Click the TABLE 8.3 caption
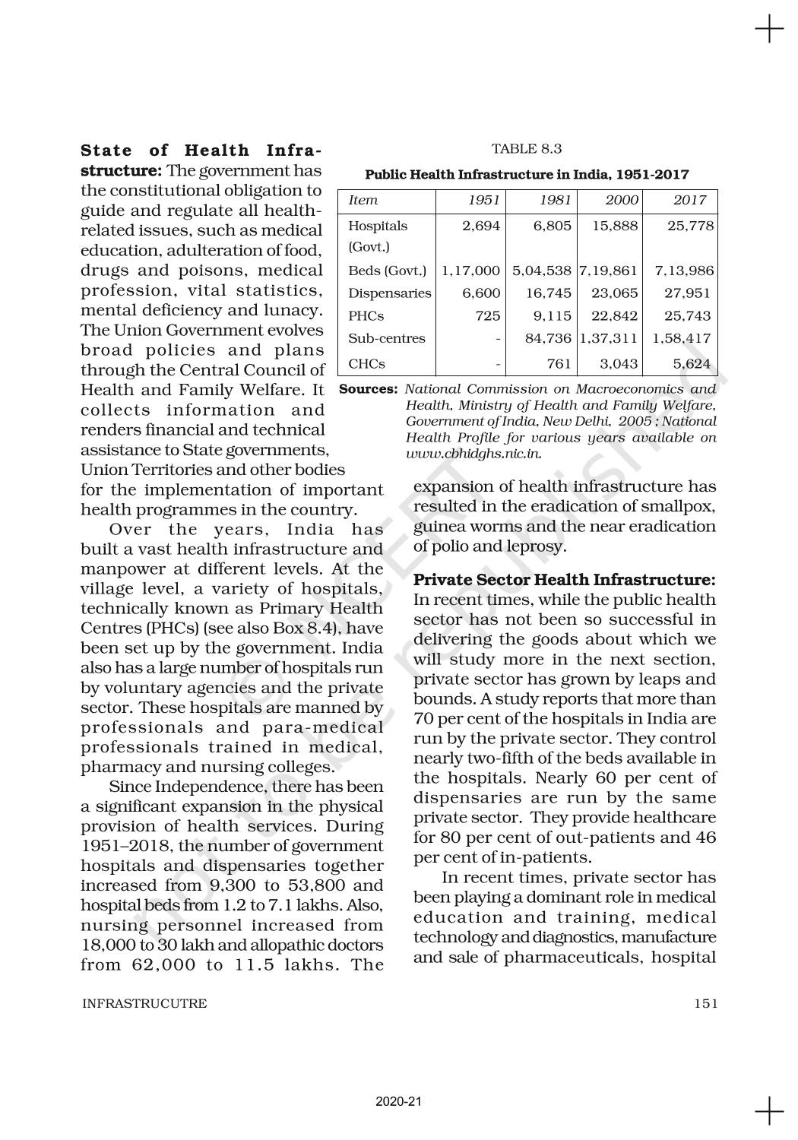tap(527, 148)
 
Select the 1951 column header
tap(484, 200)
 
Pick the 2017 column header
tap(690, 200)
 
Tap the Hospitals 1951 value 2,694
tap(482, 226)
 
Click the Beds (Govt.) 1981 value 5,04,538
tap(542, 270)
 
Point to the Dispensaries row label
tap(389, 293)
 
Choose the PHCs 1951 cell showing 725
tap(488, 316)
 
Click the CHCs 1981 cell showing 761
tap(559, 363)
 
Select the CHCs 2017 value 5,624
tap(692, 363)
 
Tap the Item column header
tap(363, 200)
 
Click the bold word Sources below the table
tap(368, 389)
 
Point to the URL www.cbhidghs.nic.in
tap(473, 454)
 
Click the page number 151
tap(705, 1003)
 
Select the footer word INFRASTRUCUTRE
tap(144, 1003)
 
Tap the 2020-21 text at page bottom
tap(398, 1101)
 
